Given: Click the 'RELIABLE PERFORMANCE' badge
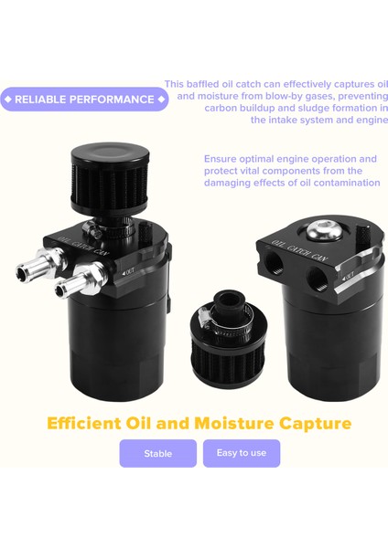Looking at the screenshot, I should point(84,100).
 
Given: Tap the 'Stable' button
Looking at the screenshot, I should point(157,453).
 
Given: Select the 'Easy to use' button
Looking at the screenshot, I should point(242,453).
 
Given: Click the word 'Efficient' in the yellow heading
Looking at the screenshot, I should point(94,424).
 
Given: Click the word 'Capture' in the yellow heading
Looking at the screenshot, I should point(314,424).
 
